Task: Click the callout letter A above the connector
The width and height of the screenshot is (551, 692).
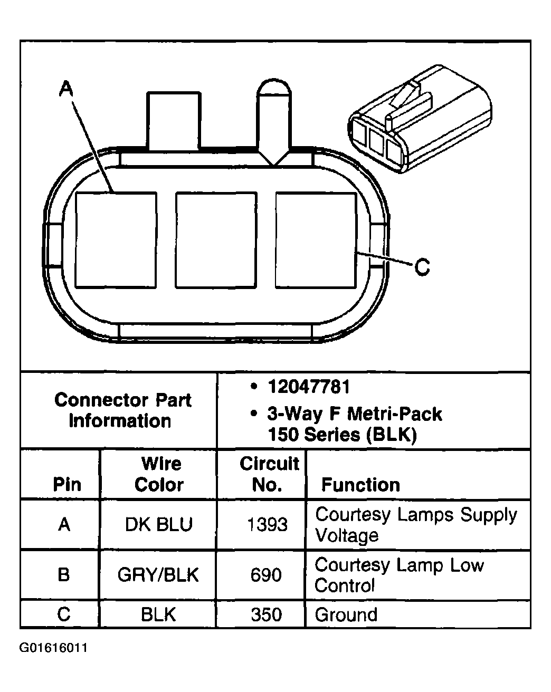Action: [x=65, y=88]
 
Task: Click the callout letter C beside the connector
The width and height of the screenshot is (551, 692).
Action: [x=422, y=267]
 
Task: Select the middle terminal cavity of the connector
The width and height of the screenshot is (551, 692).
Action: [x=215, y=240]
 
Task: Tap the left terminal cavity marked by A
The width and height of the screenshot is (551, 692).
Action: [x=116, y=240]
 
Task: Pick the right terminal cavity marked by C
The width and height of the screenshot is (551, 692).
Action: [x=315, y=240]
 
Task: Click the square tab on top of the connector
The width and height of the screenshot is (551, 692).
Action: [x=174, y=121]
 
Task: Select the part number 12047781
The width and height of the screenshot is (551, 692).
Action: [x=309, y=387]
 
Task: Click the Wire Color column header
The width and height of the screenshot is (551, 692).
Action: [x=160, y=474]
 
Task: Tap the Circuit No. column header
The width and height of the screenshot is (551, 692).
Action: [x=269, y=474]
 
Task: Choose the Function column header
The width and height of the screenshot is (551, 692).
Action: [x=360, y=485]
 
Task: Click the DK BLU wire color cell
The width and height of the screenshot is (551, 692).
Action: [x=159, y=525]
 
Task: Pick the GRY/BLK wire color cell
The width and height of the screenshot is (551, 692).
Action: [x=158, y=574]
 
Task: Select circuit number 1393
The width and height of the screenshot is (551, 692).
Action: [x=267, y=525]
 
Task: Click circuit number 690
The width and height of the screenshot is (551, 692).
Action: [x=266, y=574]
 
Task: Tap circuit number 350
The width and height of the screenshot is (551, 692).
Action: [x=266, y=614]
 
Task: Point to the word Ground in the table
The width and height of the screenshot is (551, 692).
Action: [x=346, y=614]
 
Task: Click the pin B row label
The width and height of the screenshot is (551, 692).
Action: [x=64, y=574]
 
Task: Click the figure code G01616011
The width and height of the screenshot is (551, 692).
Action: [x=53, y=648]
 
